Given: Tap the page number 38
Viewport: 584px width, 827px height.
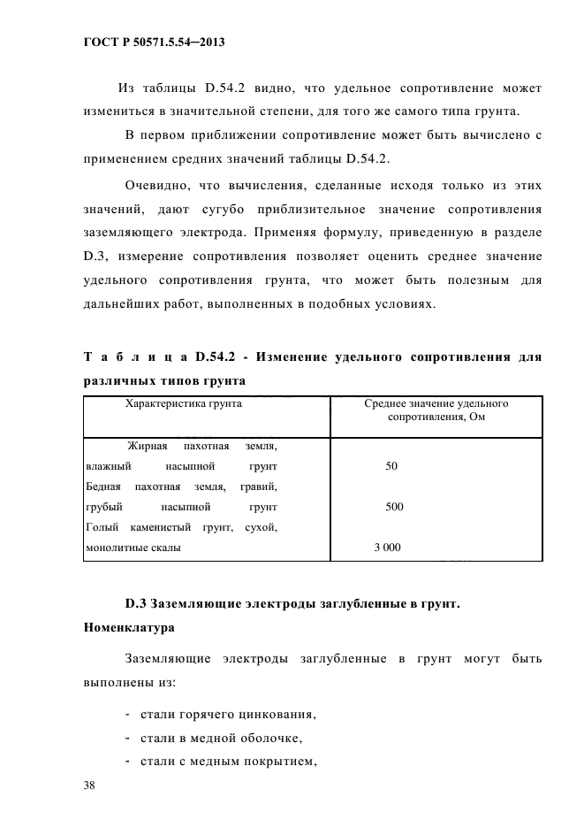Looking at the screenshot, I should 90,785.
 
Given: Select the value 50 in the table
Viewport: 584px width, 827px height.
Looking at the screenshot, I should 391,466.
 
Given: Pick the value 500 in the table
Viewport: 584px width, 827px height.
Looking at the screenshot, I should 394,507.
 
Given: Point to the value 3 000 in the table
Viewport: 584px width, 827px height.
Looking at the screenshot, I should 387,548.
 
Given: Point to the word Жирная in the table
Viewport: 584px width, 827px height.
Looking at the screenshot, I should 148,445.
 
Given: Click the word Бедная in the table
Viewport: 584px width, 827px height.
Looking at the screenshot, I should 104,486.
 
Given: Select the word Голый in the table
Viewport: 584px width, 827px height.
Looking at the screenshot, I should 101,528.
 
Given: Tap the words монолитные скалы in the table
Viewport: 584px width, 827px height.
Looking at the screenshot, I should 133,548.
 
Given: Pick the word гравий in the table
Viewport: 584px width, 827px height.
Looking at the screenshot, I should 263,486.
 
